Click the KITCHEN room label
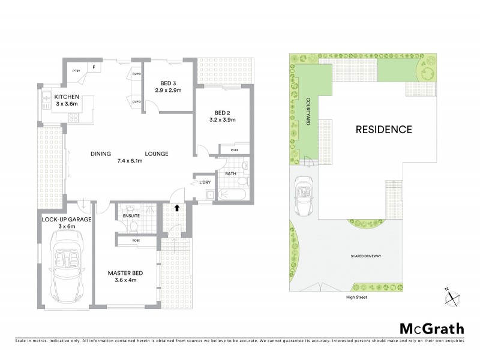coord(67,97)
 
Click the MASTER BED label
coord(124,274)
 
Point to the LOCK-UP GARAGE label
coord(67,220)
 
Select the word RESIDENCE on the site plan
coord(383,129)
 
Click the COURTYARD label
coord(307,112)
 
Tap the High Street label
coord(349,297)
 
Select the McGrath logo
coord(431,328)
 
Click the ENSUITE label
coord(131,215)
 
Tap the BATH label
coord(231,174)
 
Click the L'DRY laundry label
coord(205,182)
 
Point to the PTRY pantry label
coord(76,70)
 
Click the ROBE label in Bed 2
coord(228,150)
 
